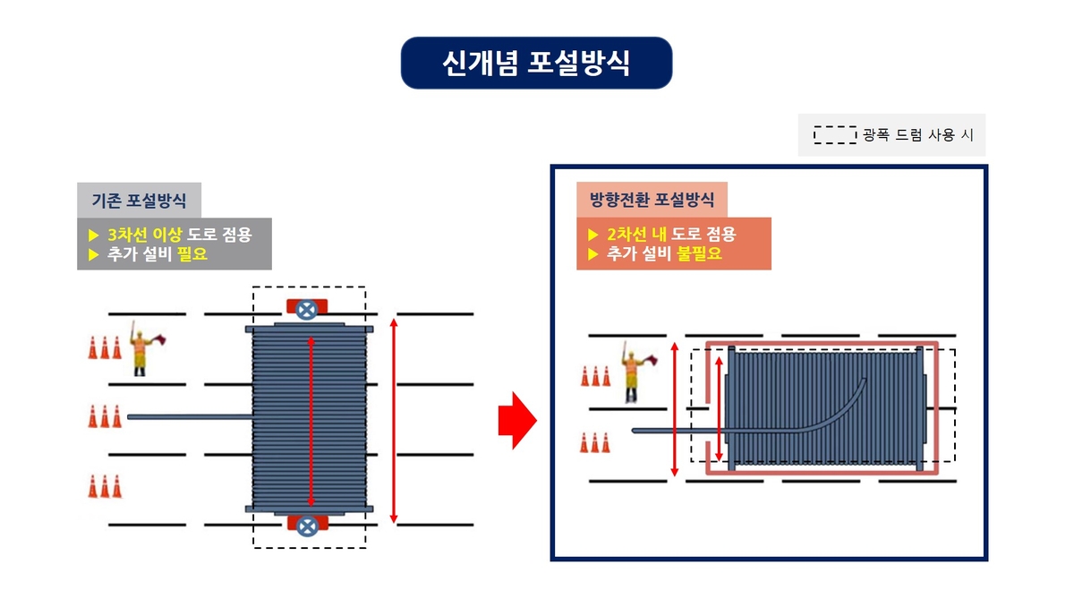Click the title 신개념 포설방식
pos(536,63)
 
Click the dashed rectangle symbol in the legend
pos(835,135)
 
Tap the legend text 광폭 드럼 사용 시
pos(918,135)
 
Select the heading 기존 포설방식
pos(139,200)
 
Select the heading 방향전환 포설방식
pos(652,199)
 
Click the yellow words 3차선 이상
pos(144,235)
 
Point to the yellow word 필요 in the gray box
pos(192,253)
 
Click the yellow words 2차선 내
pos(636,234)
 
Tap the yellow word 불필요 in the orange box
pos(699,253)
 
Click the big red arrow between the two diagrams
pos(517,420)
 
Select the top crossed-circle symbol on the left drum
pos(307,310)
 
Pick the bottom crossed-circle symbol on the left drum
pos(307,526)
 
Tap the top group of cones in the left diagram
pos(105,347)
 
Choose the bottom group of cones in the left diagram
pos(105,486)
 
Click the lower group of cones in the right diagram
pos(595,443)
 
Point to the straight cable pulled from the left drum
pos(191,417)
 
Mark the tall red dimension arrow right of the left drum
pos(394,421)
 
